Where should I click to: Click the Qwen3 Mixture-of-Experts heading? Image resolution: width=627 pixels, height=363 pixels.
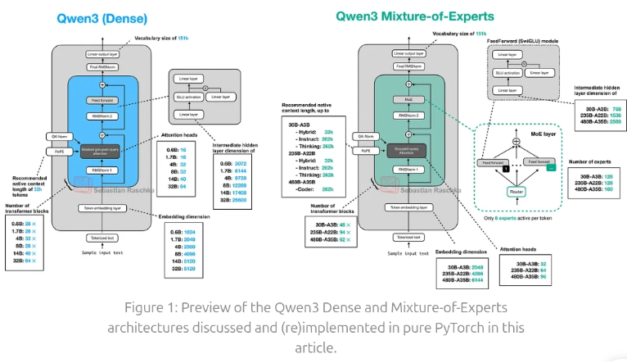click(416, 15)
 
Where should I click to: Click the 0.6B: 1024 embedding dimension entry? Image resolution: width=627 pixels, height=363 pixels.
click(183, 231)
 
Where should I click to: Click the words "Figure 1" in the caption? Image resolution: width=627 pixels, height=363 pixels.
click(153, 308)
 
